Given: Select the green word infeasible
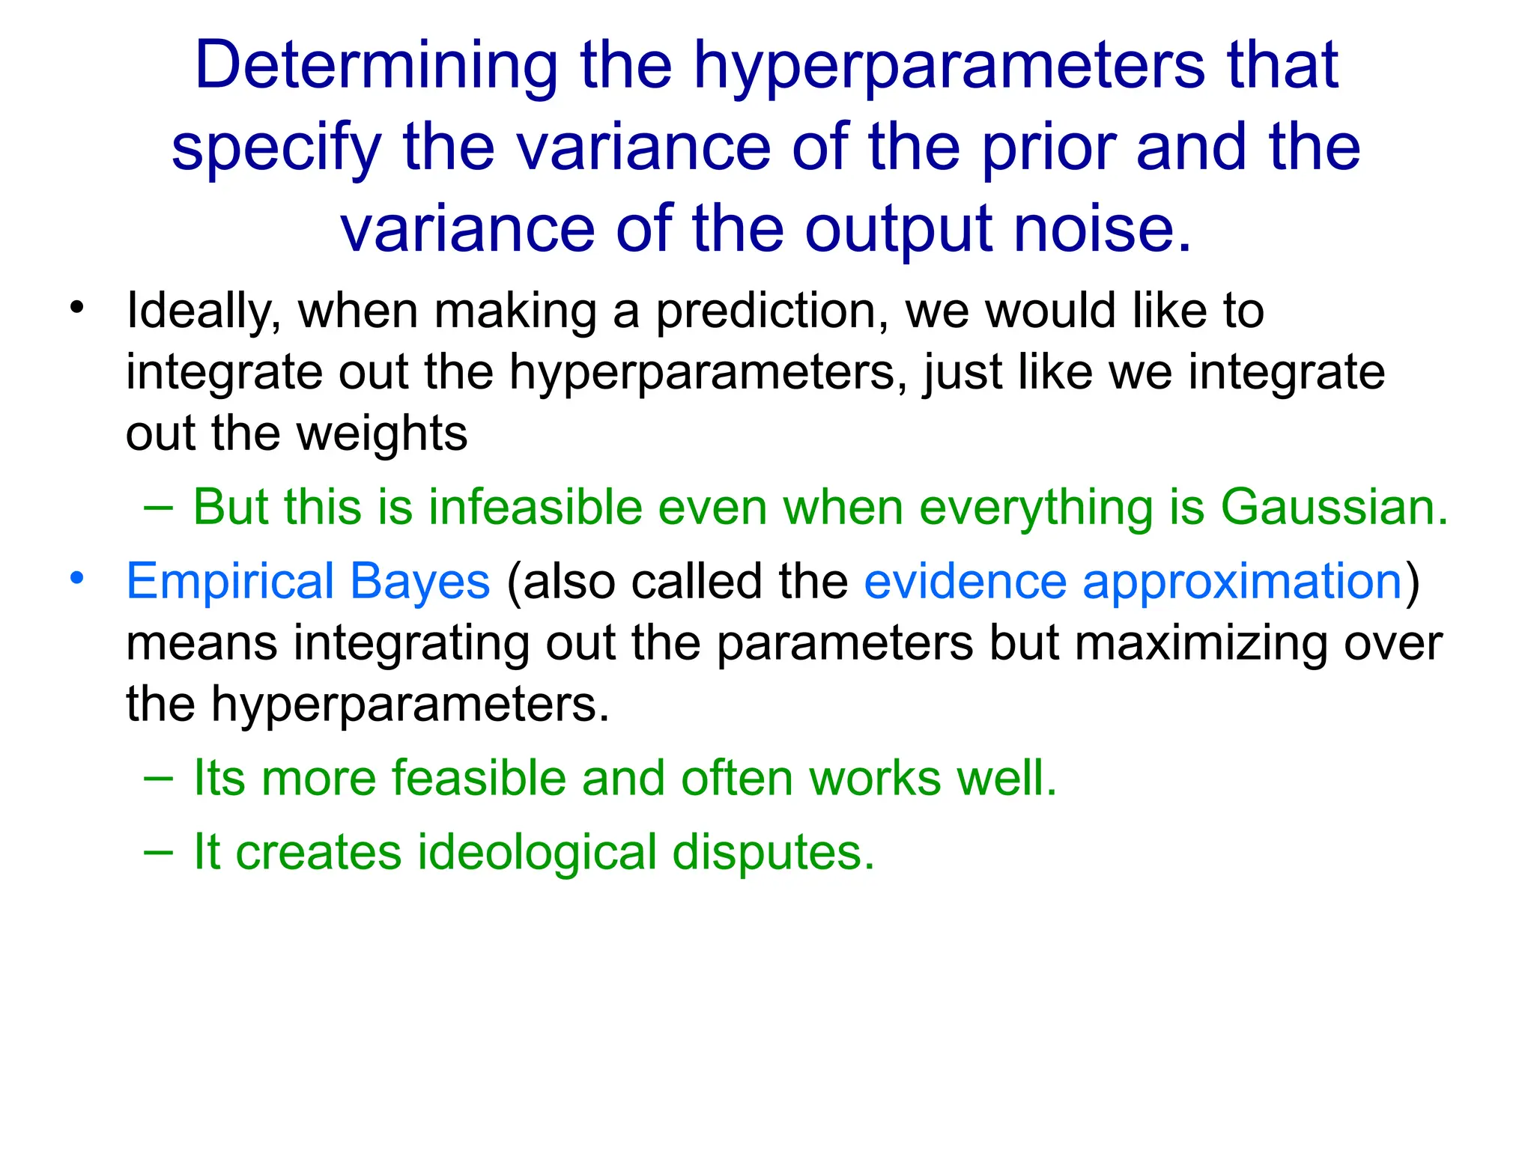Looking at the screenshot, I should [x=536, y=508].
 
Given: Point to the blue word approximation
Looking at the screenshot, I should [x=1242, y=582].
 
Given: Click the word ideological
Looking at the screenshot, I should [x=537, y=853].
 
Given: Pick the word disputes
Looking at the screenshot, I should [x=773, y=854].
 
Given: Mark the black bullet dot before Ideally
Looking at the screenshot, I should [x=76, y=307].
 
